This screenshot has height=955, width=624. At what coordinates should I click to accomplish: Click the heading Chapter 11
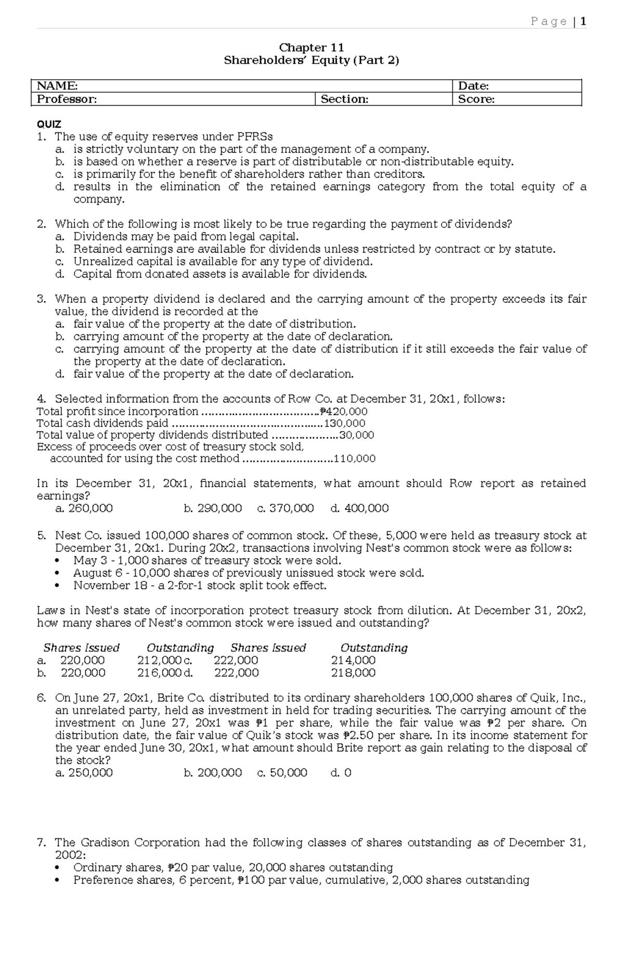311,48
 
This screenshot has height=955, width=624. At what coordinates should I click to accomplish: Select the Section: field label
344,99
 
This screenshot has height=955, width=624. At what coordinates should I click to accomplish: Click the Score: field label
476,99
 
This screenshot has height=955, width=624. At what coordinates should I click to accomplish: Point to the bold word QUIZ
49,124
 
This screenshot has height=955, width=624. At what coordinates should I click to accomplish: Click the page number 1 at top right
583,21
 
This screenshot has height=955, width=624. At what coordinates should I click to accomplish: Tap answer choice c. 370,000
285,508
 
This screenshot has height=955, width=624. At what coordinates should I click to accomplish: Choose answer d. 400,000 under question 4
359,508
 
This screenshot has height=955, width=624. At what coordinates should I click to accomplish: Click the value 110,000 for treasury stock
354,459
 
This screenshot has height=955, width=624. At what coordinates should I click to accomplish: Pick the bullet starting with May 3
207,561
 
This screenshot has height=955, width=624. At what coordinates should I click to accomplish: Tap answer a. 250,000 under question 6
84,773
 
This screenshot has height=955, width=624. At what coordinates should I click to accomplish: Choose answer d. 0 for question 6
341,773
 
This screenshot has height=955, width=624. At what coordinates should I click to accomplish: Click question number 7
42,843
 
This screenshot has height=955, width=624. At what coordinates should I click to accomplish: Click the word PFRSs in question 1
255,137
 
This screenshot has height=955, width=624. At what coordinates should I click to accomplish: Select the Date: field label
473,86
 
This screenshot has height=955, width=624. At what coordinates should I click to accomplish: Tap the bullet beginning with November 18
200,585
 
